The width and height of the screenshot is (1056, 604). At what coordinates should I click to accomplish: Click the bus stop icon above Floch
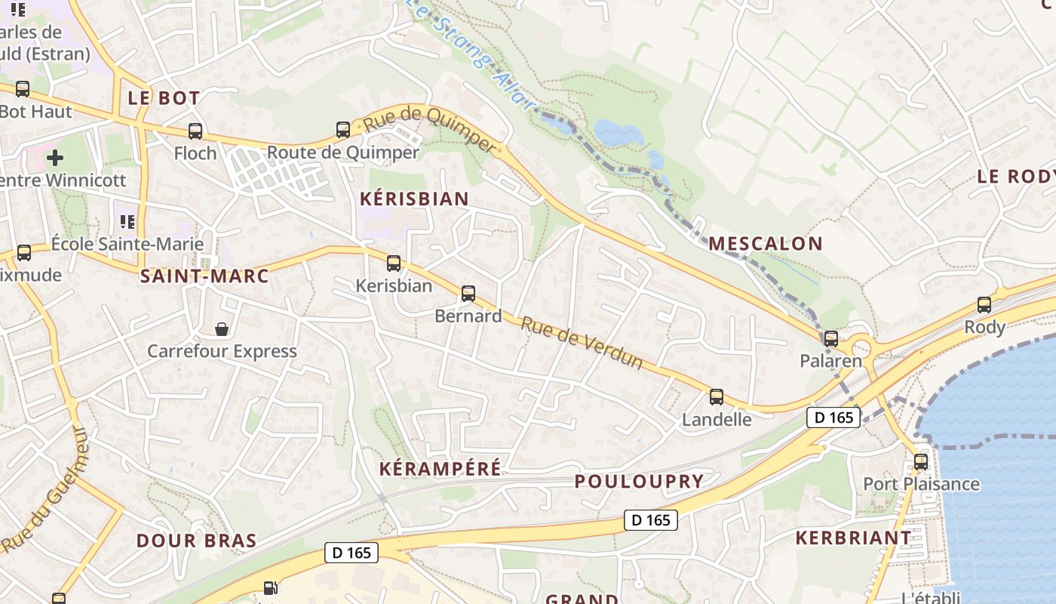pyautogui.click(x=195, y=131)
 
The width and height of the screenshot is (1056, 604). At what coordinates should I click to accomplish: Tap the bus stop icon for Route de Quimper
pyautogui.click(x=343, y=130)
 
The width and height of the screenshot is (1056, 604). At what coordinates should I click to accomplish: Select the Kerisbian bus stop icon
pyautogui.click(x=394, y=263)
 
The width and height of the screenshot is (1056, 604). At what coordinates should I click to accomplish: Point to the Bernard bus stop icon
pyautogui.click(x=468, y=294)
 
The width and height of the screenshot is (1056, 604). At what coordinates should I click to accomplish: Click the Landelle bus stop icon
pyautogui.click(x=717, y=397)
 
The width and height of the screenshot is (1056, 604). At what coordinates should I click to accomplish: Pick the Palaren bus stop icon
pyautogui.click(x=831, y=339)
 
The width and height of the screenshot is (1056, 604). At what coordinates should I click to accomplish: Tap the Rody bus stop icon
pyautogui.click(x=984, y=305)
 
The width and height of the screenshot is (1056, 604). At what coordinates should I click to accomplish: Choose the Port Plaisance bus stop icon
pyautogui.click(x=921, y=462)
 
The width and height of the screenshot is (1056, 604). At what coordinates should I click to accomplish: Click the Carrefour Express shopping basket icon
pyautogui.click(x=222, y=329)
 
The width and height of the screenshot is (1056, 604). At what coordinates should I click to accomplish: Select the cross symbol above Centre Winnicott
pyautogui.click(x=55, y=158)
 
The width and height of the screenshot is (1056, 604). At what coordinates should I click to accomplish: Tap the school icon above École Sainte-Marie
pyautogui.click(x=127, y=222)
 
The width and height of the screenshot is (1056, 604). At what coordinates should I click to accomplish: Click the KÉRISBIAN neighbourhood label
pyautogui.click(x=415, y=199)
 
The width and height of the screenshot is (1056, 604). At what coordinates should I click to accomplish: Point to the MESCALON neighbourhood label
pyautogui.click(x=765, y=243)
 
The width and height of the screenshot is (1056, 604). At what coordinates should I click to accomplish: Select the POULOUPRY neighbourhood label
pyautogui.click(x=639, y=481)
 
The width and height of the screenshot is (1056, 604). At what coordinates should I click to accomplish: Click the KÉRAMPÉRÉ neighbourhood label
pyautogui.click(x=440, y=469)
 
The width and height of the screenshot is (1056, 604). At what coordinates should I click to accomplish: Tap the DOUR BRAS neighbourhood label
pyautogui.click(x=196, y=541)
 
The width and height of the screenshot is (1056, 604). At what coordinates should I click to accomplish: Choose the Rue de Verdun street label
pyautogui.click(x=582, y=344)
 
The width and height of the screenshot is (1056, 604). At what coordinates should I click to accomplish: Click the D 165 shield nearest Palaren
pyautogui.click(x=833, y=418)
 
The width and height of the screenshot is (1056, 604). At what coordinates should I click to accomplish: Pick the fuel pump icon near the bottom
pyautogui.click(x=270, y=587)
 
